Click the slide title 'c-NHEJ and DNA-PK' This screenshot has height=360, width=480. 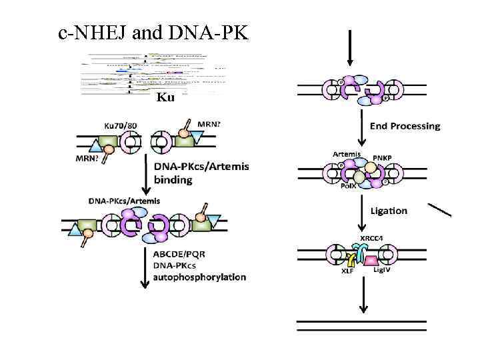tap(153, 31)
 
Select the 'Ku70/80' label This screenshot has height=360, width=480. tap(123, 125)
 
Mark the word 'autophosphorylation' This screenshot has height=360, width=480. tap(200, 277)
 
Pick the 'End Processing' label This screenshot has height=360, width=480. tap(405, 126)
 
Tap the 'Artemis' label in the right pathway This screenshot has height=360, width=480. tap(347, 155)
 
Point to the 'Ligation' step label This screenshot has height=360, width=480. tap(387, 211)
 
